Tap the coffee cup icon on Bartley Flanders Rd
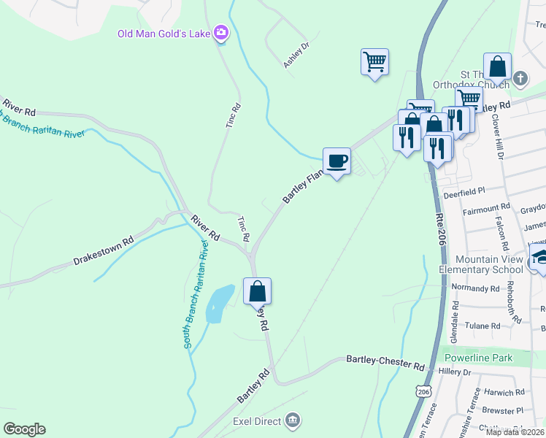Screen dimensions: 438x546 337,161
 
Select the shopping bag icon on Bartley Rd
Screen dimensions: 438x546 257,291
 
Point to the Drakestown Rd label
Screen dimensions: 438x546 104,250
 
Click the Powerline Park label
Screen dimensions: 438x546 479,358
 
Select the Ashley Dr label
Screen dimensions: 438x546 296,55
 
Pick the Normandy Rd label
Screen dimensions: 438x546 475,288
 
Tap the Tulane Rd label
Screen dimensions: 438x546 484,326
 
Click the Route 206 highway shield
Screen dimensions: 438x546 424,392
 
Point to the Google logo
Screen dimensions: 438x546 24,429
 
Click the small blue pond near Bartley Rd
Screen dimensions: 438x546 218,302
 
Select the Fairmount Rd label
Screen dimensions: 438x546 487,210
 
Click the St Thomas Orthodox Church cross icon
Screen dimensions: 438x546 520,77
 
